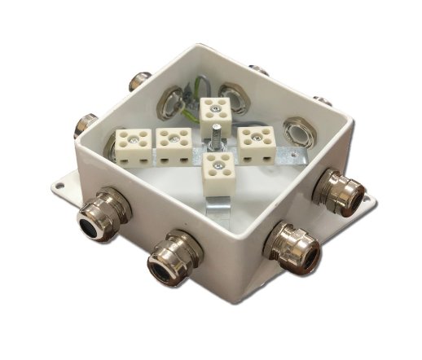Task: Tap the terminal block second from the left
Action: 173,143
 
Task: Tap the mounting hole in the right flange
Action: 370,199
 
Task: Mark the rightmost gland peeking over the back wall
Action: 323,102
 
